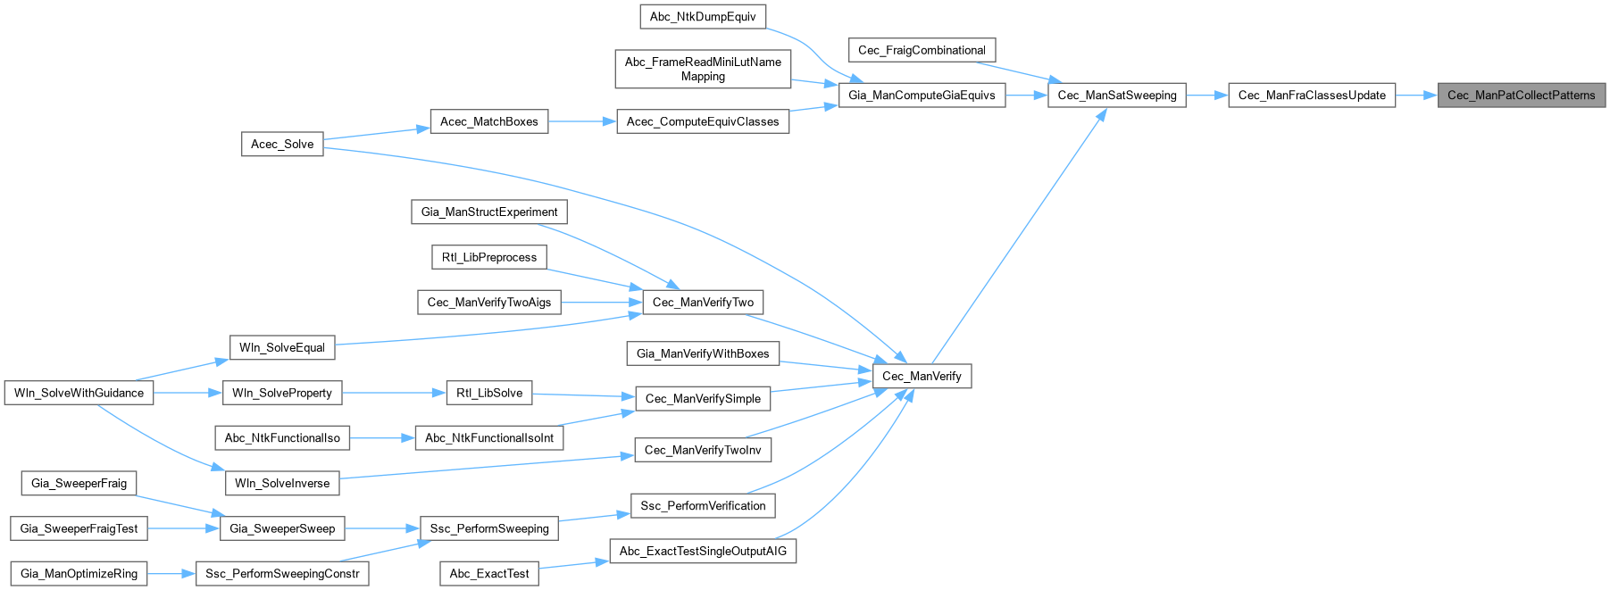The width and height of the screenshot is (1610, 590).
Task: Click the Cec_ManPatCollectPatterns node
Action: click(x=1521, y=96)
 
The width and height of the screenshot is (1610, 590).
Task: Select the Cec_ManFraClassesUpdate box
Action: click(x=1312, y=96)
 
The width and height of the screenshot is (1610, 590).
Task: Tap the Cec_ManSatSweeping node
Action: click(x=1116, y=96)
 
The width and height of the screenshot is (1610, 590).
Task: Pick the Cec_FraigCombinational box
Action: click(x=922, y=51)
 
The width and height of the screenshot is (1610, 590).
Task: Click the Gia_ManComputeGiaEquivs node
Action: click(x=922, y=96)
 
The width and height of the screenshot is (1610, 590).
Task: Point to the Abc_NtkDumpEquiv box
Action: click(x=703, y=17)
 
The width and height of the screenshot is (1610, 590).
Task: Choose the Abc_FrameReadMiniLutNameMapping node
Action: click(x=703, y=70)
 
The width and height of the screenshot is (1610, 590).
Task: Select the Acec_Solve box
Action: click(x=282, y=145)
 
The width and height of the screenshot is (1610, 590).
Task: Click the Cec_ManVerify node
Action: click(x=922, y=377)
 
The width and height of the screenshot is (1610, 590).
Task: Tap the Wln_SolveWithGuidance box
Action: click(x=79, y=393)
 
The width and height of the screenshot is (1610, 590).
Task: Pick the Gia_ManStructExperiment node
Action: click(x=489, y=212)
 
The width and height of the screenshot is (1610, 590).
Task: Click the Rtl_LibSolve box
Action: click(x=489, y=393)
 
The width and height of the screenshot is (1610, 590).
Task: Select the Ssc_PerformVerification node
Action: click(x=703, y=506)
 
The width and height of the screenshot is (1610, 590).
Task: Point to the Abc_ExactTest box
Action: click(x=489, y=574)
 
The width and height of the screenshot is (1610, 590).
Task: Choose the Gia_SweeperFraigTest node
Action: click(x=79, y=528)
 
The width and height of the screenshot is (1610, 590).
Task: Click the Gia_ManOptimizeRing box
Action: click(x=79, y=574)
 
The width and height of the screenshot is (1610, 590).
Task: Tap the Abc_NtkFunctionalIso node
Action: click(x=282, y=438)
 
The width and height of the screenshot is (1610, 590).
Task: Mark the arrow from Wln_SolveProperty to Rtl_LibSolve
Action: click(x=393, y=393)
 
